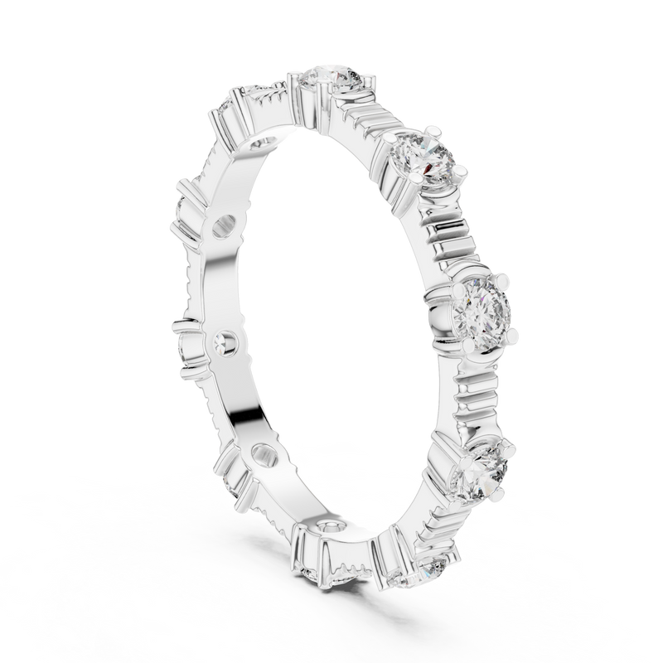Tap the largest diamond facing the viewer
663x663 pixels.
pyautogui.click(x=480, y=310)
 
